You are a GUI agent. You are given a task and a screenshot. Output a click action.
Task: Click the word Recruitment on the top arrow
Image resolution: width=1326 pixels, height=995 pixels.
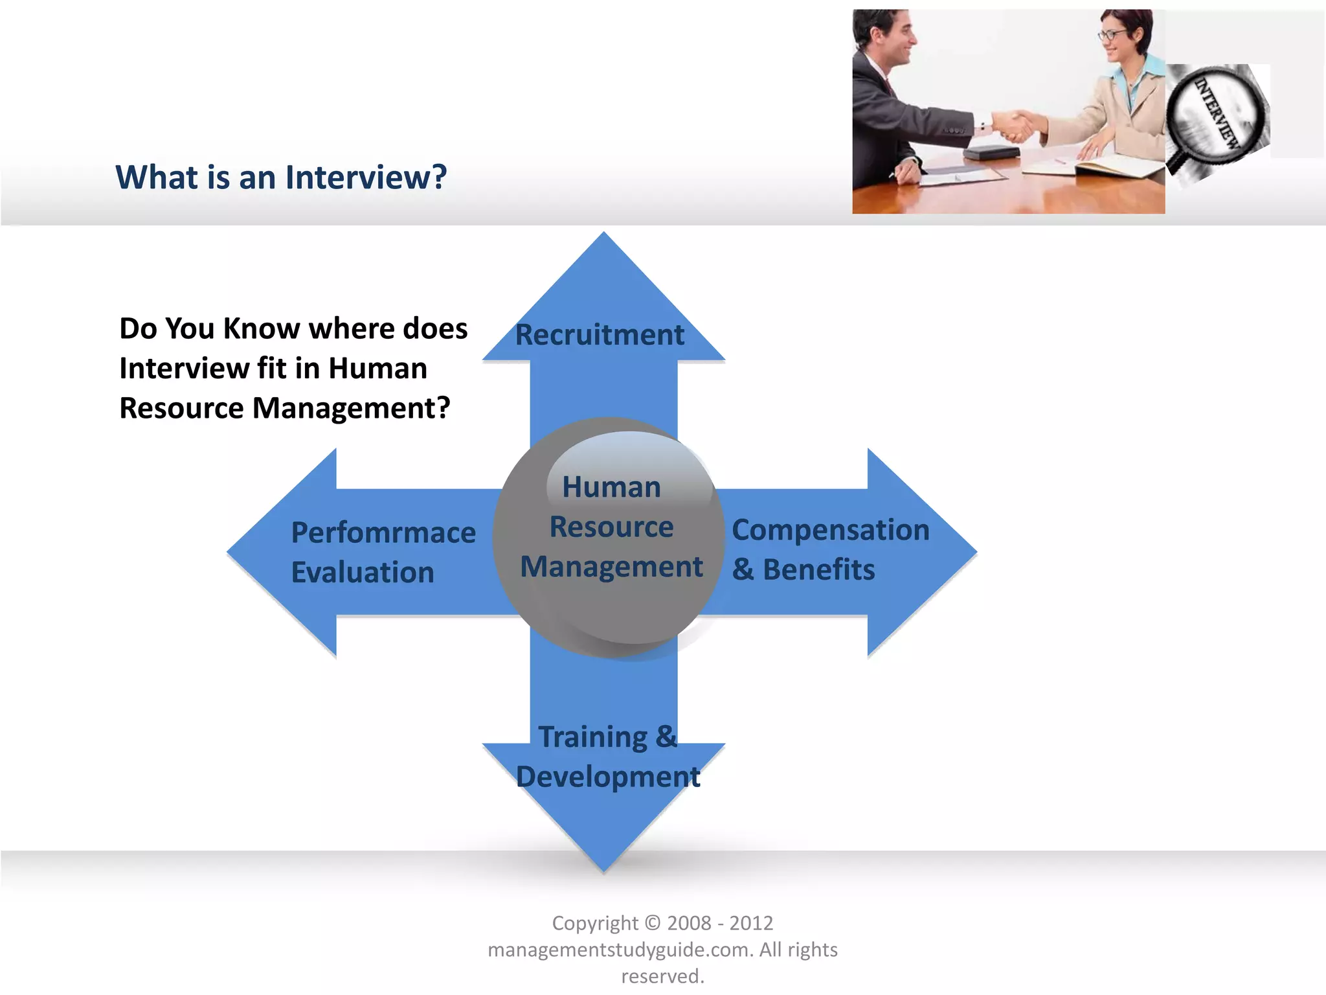pos(600,335)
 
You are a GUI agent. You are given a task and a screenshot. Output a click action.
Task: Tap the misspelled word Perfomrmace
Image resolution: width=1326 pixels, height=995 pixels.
pos(383,533)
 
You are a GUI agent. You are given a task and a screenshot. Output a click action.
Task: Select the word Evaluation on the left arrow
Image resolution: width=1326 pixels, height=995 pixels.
pos(363,573)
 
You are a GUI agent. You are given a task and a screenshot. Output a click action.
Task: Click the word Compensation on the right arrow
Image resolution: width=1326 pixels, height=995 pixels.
pos(831,530)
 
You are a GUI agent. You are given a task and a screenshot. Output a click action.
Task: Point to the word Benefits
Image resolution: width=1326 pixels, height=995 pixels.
pos(819,570)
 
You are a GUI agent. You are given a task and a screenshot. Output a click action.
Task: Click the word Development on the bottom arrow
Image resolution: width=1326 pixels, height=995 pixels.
pos(608,777)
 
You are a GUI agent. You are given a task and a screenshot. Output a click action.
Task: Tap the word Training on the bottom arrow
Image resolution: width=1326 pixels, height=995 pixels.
pos(592,737)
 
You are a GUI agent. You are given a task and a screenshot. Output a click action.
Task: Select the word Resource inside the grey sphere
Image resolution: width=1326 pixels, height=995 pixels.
pos(611,527)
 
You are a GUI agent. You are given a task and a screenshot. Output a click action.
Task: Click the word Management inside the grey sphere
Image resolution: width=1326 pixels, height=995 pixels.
pos(611,567)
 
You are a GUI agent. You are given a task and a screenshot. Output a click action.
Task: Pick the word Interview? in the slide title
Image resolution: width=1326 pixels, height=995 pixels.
pos(366,177)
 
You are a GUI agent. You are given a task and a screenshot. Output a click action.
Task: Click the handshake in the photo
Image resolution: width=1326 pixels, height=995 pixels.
pos(1014,125)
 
